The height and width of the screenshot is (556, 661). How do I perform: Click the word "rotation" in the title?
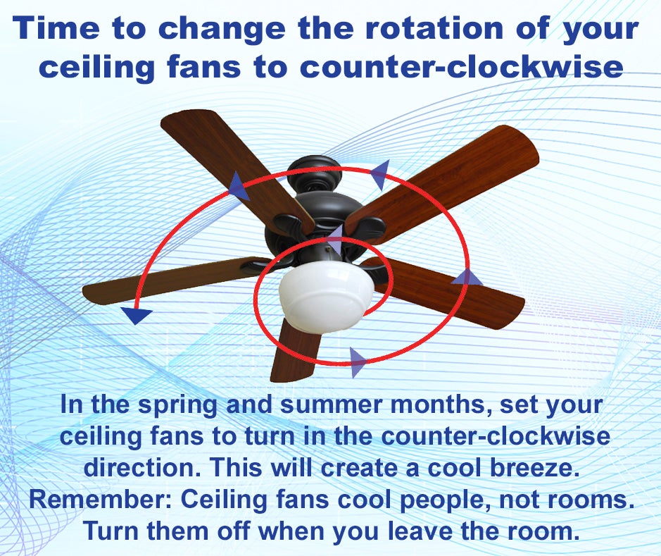pos(434,28)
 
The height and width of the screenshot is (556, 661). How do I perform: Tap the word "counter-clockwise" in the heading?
pos(462,67)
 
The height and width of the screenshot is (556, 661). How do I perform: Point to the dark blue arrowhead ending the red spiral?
pos(136,315)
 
